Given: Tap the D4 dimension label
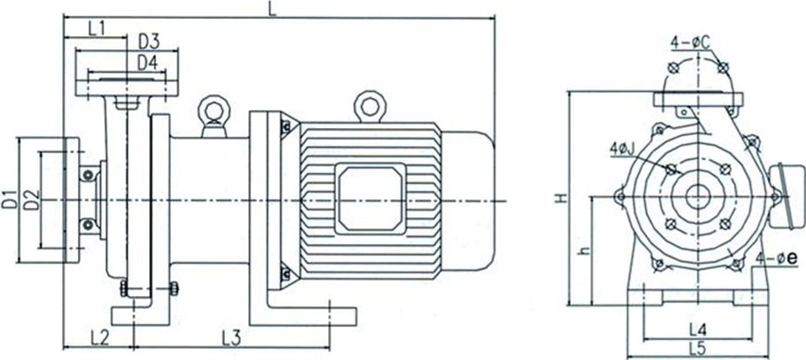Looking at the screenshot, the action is [148, 62].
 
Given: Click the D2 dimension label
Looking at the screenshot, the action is [31, 200].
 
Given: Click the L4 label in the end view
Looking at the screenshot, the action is [699, 328].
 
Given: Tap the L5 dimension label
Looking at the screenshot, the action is [698, 350].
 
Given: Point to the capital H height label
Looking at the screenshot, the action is [563, 197].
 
